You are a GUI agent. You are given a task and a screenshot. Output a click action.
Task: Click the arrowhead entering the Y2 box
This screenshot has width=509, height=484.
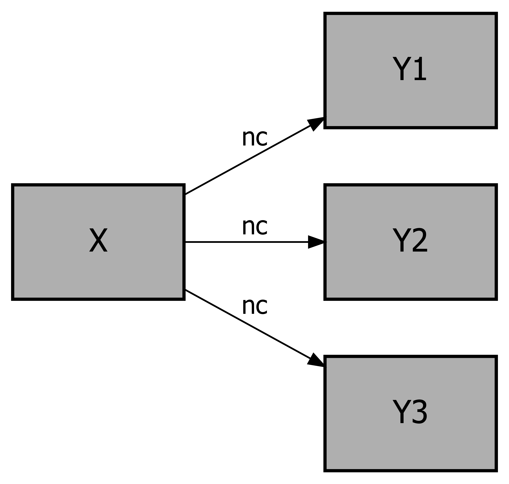click(316, 242)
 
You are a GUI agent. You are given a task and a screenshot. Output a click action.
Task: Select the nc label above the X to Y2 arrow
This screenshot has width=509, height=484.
click(255, 227)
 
